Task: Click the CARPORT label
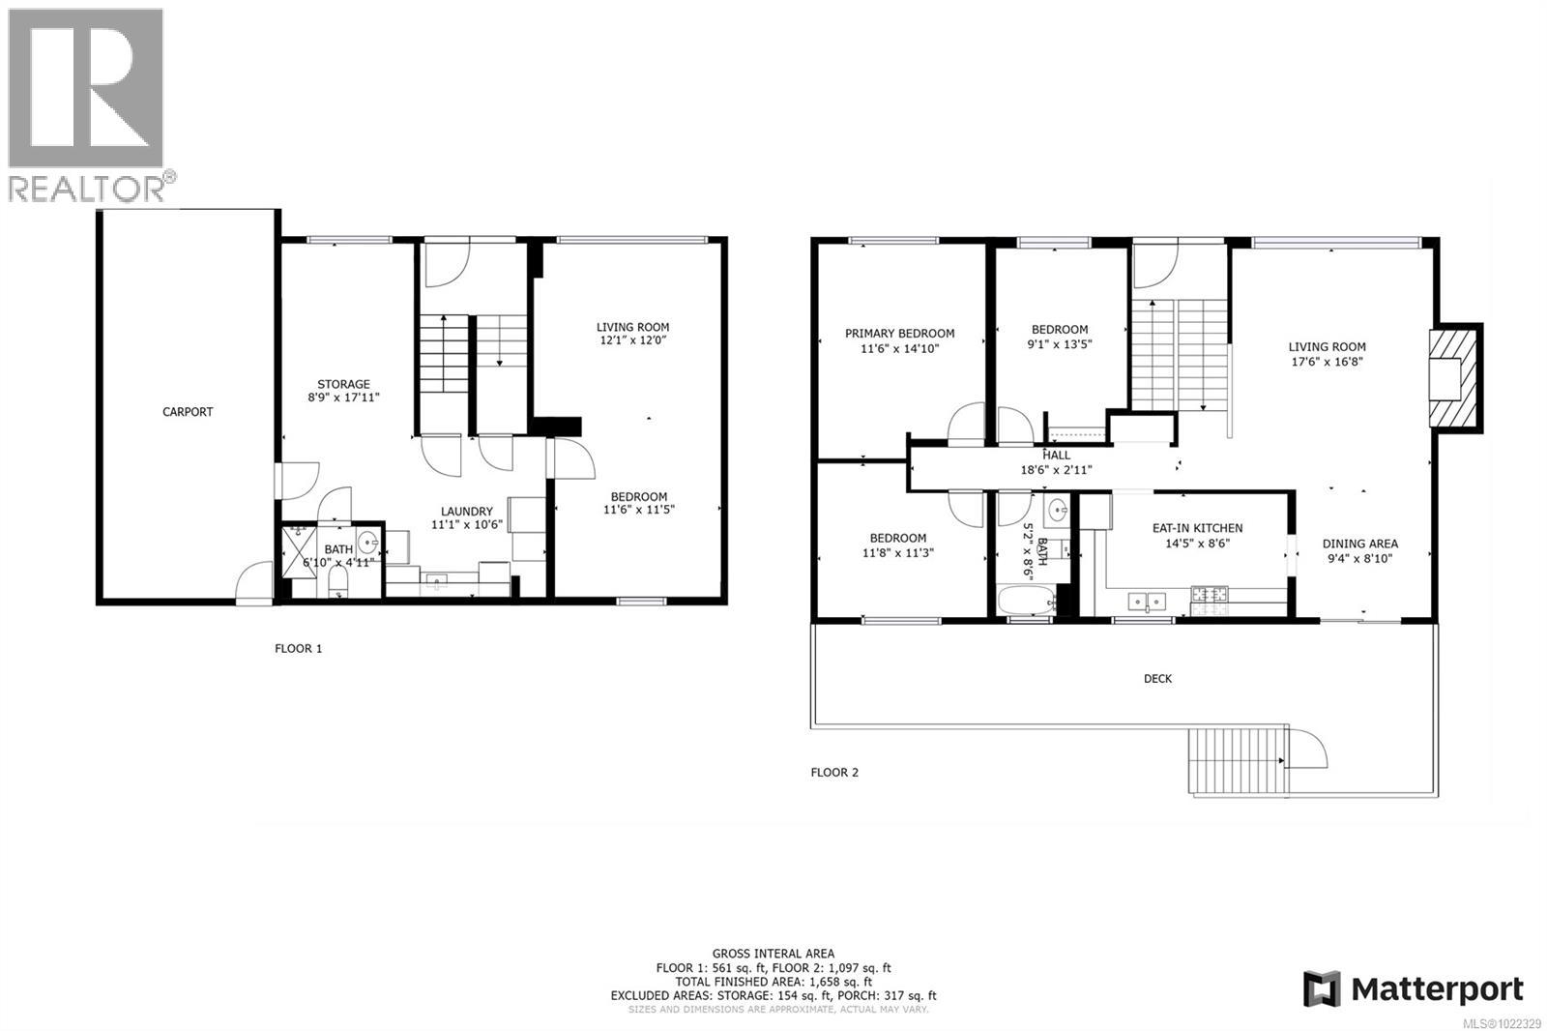click(188, 412)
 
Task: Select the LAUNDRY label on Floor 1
click(467, 512)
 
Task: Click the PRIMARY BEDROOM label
click(899, 334)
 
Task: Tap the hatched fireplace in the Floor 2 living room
click(1454, 378)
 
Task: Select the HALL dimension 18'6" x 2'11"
click(1056, 470)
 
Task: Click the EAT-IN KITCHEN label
click(1197, 528)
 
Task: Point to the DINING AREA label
click(1359, 544)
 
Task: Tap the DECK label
click(1157, 679)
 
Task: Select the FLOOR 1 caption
click(299, 649)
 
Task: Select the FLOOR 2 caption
click(834, 772)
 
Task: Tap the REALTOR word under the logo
click(87, 188)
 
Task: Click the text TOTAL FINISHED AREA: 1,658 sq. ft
click(773, 981)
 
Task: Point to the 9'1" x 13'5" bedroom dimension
click(1060, 344)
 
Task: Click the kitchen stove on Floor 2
click(1209, 600)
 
